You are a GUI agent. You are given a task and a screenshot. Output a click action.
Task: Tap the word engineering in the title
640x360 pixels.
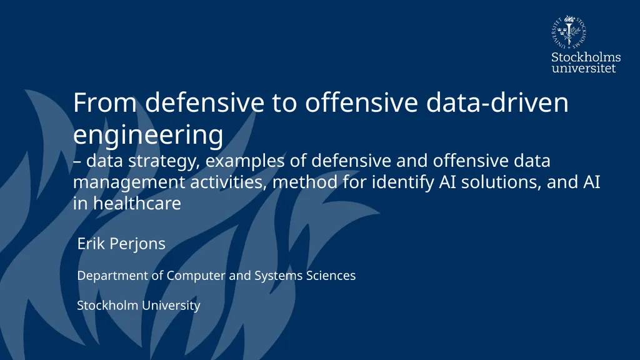click(147, 134)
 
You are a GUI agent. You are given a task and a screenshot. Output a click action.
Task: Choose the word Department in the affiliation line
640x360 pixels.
click(112, 276)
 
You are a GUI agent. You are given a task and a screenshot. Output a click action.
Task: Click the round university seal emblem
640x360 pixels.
click(569, 32)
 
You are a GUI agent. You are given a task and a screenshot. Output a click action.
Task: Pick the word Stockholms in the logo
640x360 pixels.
click(586, 57)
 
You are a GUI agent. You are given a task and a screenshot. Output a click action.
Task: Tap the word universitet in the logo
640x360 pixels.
click(584, 67)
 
